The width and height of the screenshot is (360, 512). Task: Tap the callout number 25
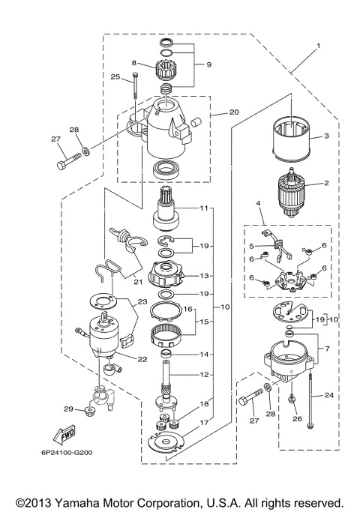click(115, 76)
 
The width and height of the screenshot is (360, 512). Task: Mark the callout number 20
click(214, 112)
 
